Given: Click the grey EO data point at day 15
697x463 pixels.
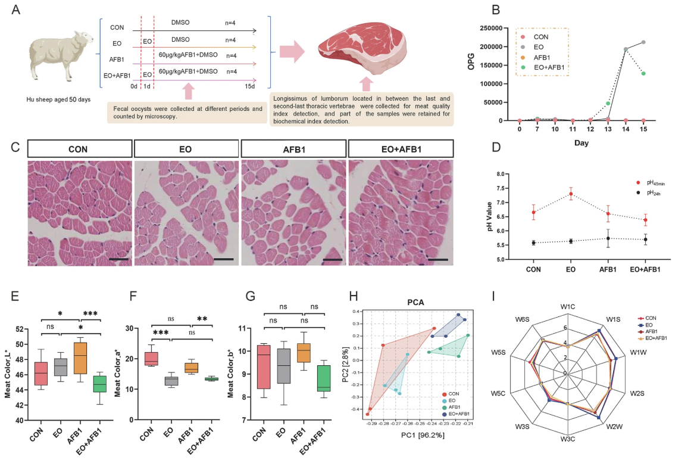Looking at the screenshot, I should coord(643,42).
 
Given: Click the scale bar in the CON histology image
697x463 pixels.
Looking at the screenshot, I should coord(118,259).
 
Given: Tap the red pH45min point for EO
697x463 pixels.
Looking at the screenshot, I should coord(571,194).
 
